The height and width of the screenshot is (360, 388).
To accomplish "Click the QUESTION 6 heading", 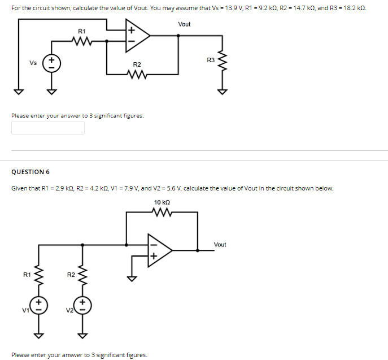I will click(x=30, y=172).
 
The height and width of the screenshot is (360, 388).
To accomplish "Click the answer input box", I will click(x=48, y=128).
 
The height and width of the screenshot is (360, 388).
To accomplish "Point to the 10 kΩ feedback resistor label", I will click(x=162, y=202).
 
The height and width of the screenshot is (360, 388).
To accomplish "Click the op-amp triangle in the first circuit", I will click(x=137, y=36).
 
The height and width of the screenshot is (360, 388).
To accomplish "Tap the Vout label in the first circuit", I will click(x=184, y=24).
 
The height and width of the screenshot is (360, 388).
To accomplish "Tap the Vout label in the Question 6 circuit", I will click(x=220, y=244).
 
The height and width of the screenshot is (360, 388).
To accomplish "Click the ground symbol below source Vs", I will click(x=51, y=91).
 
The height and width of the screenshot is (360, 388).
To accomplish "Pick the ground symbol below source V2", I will click(x=82, y=335).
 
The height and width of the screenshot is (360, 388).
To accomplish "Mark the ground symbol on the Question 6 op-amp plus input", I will click(x=132, y=277).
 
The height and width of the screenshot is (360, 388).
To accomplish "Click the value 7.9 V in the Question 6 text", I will click(x=125, y=188).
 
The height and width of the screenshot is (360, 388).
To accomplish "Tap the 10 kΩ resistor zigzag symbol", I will click(x=162, y=212).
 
